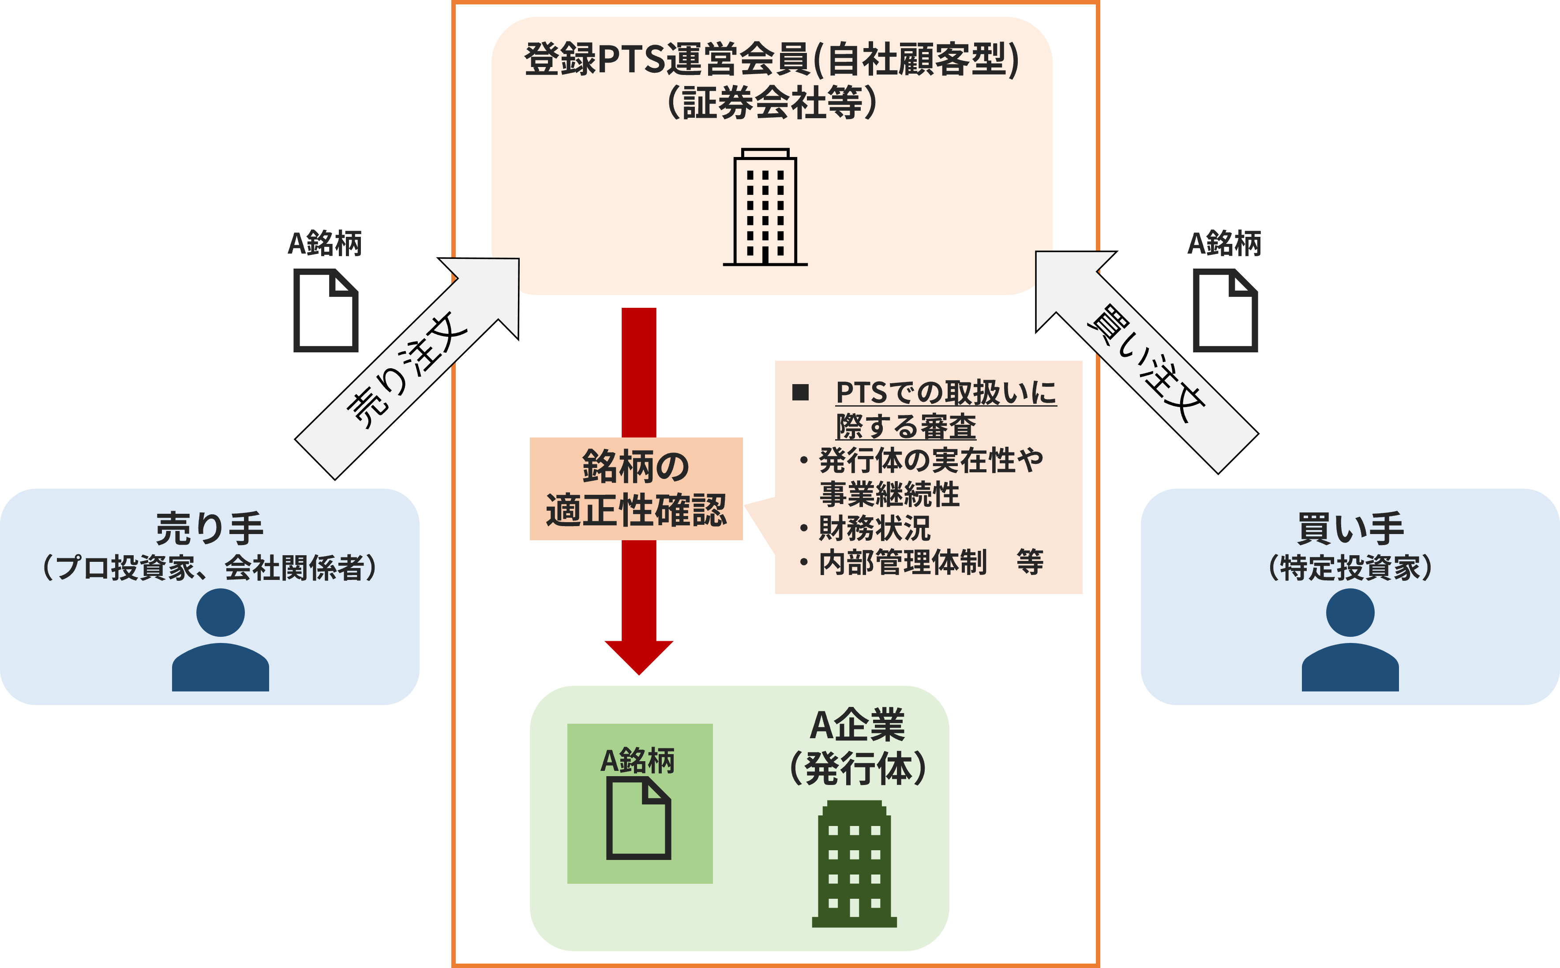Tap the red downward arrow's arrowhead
tap(638, 656)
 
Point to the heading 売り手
tap(210, 529)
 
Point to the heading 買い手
tap(1350, 529)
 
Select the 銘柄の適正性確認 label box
tap(636, 489)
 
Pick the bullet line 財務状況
tap(874, 528)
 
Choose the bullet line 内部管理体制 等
tap(929, 562)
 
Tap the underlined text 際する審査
tap(906, 426)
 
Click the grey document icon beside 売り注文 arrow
tap(325, 310)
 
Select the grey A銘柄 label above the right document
tap(1224, 243)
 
